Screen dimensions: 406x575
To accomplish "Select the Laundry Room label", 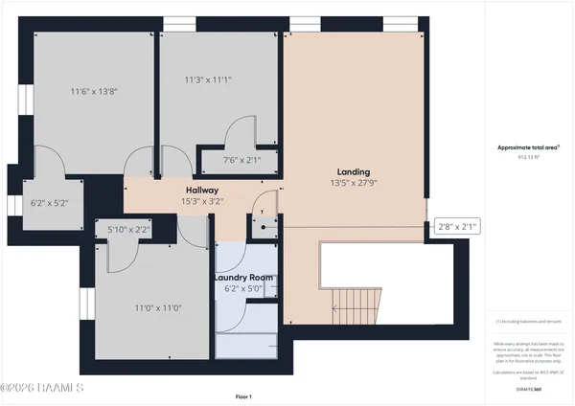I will [243, 278].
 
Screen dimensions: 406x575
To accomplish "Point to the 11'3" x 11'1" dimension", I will [209, 81].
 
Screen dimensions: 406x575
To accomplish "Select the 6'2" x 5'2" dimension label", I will [49, 203].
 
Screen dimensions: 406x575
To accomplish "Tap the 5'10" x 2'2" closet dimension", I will [129, 230].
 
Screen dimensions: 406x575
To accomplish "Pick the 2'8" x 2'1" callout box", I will [456, 226].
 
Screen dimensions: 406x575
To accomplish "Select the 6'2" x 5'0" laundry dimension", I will [243, 290].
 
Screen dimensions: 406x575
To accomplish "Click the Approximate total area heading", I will [529, 147].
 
